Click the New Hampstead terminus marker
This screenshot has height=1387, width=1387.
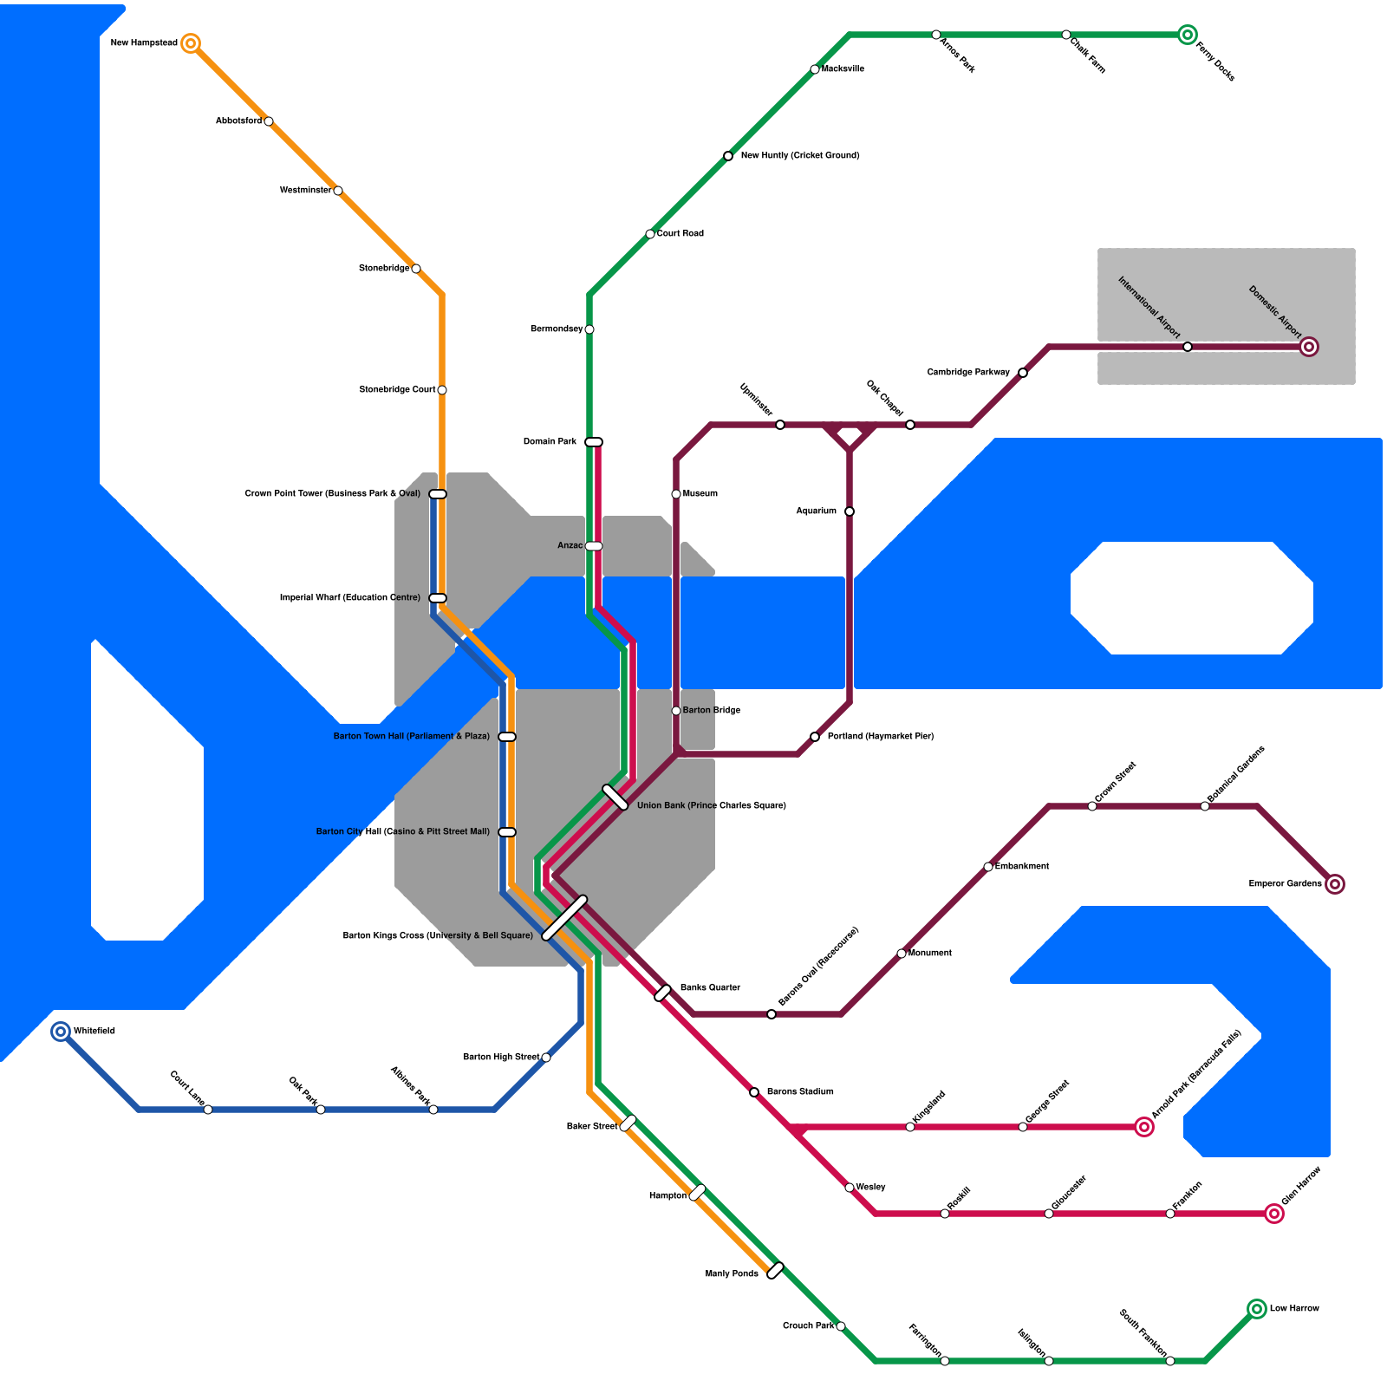[191, 43]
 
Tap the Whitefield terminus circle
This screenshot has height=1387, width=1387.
[61, 1032]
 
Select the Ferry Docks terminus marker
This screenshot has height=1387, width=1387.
[1188, 35]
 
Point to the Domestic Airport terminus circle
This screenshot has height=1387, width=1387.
[1309, 347]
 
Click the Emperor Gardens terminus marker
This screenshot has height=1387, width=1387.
[1335, 884]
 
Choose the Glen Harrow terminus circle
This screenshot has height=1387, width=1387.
[1273, 1214]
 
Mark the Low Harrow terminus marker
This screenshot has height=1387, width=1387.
[1257, 1309]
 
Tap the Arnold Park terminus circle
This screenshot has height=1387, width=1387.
[1144, 1127]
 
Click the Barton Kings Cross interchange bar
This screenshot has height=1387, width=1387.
[564, 918]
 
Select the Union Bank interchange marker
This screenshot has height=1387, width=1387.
[615, 798]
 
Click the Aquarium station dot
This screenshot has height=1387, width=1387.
[850, 511]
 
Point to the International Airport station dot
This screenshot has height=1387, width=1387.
[1188, 347]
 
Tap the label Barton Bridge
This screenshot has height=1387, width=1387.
[711, 711]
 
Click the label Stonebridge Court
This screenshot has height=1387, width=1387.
[397, 390]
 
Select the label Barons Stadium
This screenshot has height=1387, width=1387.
[799, 1092]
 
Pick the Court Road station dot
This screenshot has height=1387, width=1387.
[650, 234]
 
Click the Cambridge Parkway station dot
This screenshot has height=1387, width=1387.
[1023, 373]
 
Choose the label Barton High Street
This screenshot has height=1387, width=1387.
[500, 1058]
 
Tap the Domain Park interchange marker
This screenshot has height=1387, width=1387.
[594, 442]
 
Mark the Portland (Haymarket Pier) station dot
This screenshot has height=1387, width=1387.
[815, 737]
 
